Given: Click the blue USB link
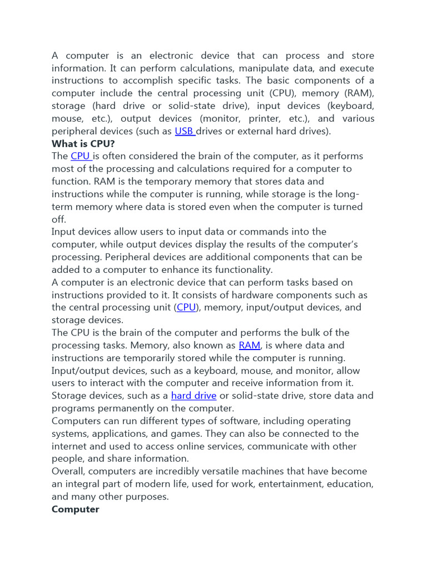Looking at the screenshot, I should [184, 131].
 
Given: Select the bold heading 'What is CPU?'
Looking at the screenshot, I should [83, 143].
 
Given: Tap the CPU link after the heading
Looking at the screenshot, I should [80, 156].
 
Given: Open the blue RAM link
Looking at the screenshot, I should [249, 345].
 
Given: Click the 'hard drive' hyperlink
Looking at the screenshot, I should [193, 396].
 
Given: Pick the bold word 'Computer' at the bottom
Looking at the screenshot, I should [75, 509].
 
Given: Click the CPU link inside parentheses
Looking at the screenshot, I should [186, 307].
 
